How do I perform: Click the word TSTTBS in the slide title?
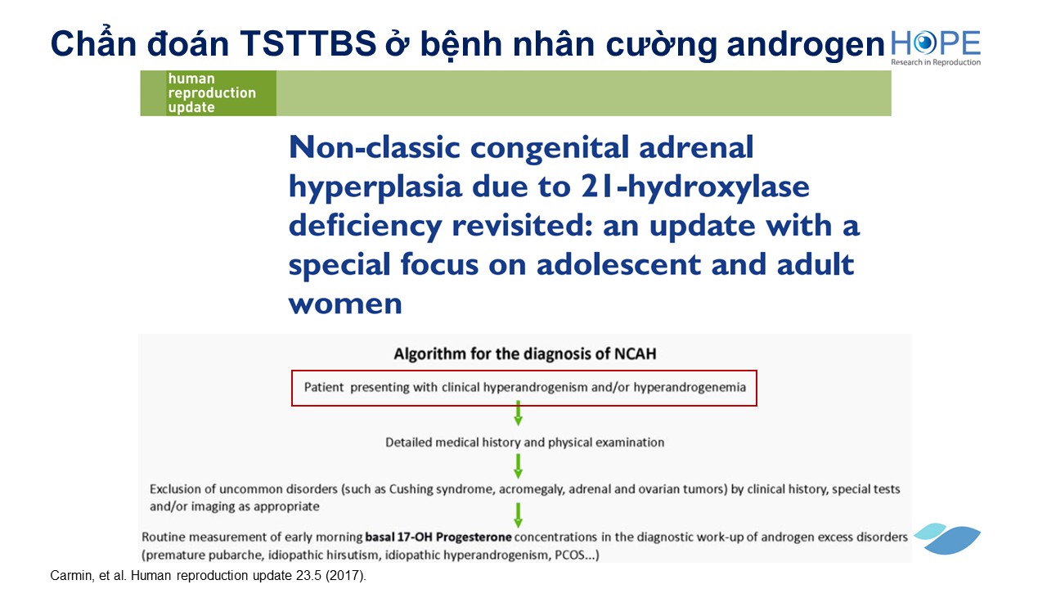point(308,43)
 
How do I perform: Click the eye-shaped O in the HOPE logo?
point(924,43)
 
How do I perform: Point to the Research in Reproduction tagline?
point(935,62)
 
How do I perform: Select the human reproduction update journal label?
point(212,92)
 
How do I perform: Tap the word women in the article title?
point(345,303)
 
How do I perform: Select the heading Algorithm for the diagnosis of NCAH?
point(525,353)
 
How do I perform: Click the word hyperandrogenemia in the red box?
point(690,388)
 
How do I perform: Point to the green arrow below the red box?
point(518,413)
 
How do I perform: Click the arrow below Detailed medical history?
point(518,466)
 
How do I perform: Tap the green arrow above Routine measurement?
point(518,515)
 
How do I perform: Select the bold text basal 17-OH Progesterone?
point(438,537)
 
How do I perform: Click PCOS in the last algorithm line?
point(569,555)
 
